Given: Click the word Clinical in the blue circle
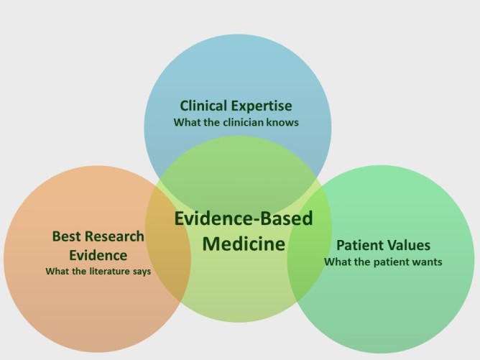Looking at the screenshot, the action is click(x=203, y=106).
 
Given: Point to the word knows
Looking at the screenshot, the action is click(x=282, y=122).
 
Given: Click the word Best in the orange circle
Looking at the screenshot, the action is click(x=65, y=236).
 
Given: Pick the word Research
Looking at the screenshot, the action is click(x=114, y=236).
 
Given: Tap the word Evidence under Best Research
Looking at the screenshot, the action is click(x=98, y=255).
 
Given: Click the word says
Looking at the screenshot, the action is click(x=142, y=272).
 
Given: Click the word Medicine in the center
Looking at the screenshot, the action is click(x=244, y=244).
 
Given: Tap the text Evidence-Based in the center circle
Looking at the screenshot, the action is click(x=244, y=218).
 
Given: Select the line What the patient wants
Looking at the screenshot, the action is click(x=383, y=262).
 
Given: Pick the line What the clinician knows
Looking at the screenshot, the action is click(x=236, y=122).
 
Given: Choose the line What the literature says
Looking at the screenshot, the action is click(x=98, y=272).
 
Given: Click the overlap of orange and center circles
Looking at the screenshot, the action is click(x=168, y=245).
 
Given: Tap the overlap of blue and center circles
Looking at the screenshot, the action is click(x=238, y=165).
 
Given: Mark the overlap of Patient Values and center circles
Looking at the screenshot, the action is click(x=309, y=242).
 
